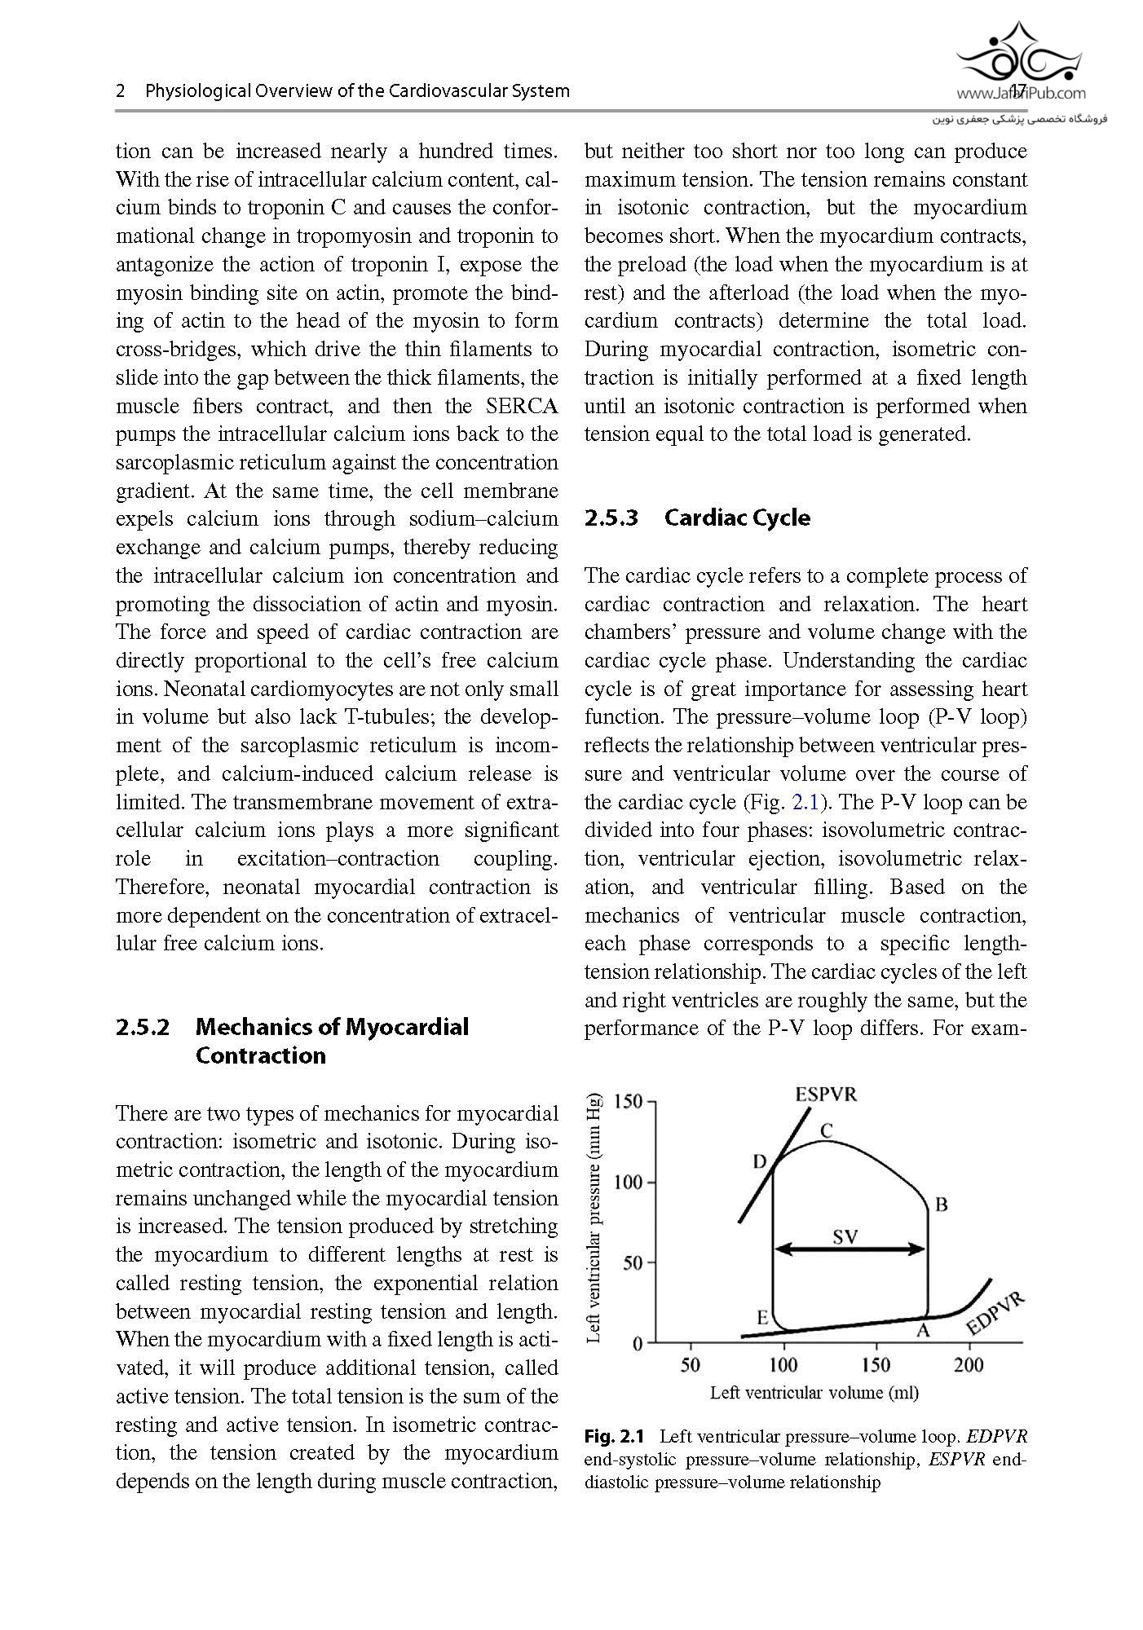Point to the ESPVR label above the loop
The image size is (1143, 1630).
(x=827, y=1095)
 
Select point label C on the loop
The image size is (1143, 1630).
(x=826, y=1130)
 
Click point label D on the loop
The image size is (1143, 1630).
(x=760, y=1161)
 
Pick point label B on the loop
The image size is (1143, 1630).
(x=941, y=1205)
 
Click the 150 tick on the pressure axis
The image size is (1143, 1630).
(x=629, y=1102)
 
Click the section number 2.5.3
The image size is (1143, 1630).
(x=611, y=518)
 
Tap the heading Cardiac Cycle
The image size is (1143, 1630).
(x=737, y=518)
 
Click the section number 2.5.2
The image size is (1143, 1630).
(x=143, y=1027)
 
